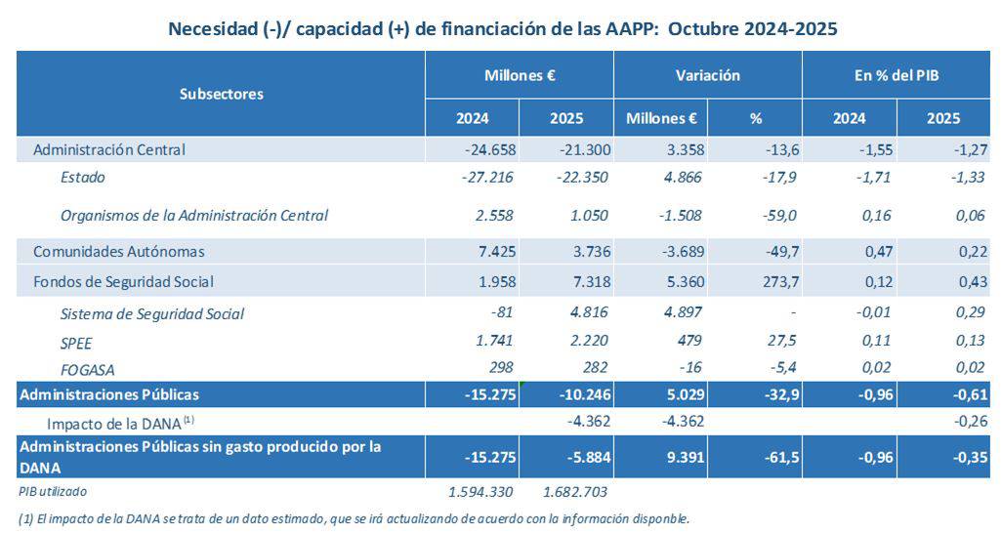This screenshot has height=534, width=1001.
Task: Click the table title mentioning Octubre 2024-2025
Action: tap(503, 29)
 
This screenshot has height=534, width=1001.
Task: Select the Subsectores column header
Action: tap(222, 94)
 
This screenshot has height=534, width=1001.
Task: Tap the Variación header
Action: tap(707, 75)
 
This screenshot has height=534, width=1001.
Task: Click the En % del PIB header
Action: tap(896, 75)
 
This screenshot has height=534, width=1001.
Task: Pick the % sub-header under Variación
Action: tap(754, 118)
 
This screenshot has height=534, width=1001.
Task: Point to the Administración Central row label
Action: tap(109, 149)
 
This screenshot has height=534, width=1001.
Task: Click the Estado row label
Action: tap(83, 177)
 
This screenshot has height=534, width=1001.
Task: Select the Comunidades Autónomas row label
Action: tap(119, 251)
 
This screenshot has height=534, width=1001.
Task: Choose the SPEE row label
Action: tap(77, 342)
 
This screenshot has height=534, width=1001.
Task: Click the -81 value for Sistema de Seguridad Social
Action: tap(502, 313)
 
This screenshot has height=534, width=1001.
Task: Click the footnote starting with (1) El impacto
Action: tap(354, 518)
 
